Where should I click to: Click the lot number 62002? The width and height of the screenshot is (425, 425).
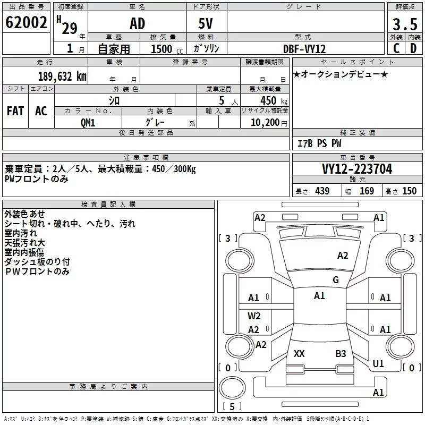(25, 23)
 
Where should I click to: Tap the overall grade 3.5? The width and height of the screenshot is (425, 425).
(404, 24)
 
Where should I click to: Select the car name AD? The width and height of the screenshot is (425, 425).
(137, 24)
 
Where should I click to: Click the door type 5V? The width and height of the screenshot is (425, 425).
(207, 24)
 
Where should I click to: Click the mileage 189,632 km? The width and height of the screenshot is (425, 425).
(62, 76)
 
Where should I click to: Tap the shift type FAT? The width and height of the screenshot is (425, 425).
(15, 110)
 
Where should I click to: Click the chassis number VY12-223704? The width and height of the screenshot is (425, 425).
(357, 169)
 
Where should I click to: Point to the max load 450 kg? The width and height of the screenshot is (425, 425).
(271, 101)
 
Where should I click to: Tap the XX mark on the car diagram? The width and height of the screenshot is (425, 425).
(299, 353)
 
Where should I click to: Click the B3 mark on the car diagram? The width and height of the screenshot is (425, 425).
(341, 353)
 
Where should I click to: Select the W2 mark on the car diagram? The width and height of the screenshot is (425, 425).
(254, 316)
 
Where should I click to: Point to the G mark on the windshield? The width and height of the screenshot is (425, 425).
(335, 280)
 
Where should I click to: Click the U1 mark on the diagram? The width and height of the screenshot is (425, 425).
(378, 364)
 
